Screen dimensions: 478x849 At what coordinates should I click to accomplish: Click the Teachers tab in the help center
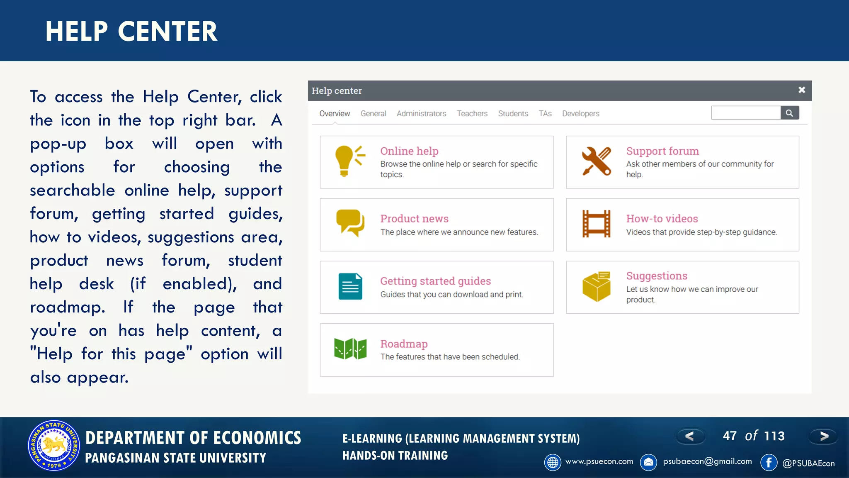(x=472, y=114)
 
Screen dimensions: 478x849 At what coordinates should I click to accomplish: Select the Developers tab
(x=580, y=114)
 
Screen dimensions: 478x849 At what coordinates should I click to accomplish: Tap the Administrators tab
(x=421, y=114)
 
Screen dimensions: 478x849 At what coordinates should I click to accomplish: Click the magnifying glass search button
(x=789, y=113)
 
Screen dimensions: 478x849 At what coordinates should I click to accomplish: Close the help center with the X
(x=802, y=90)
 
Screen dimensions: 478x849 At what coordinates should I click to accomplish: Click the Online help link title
(x=409, y=151)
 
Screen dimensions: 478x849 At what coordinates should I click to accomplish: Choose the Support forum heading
(x=662, y=151)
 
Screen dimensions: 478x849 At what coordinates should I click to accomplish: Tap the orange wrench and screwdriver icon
(x=596, y=161)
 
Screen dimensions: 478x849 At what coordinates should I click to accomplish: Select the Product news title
(x=414, y=219)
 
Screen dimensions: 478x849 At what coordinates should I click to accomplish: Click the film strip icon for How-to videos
(x=596, y=224)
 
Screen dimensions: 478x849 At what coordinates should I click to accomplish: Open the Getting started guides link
(x=435, y=281)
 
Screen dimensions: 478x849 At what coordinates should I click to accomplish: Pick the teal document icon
(x=350, y=286)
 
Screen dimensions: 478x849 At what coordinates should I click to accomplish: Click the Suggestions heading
(x=657, y=276)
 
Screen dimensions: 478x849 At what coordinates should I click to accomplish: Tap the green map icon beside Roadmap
(x=350, y=349)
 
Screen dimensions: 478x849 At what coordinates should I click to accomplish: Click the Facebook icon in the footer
(x=769, y=462)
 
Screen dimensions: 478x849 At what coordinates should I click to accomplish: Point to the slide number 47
(x=730, y=436)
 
